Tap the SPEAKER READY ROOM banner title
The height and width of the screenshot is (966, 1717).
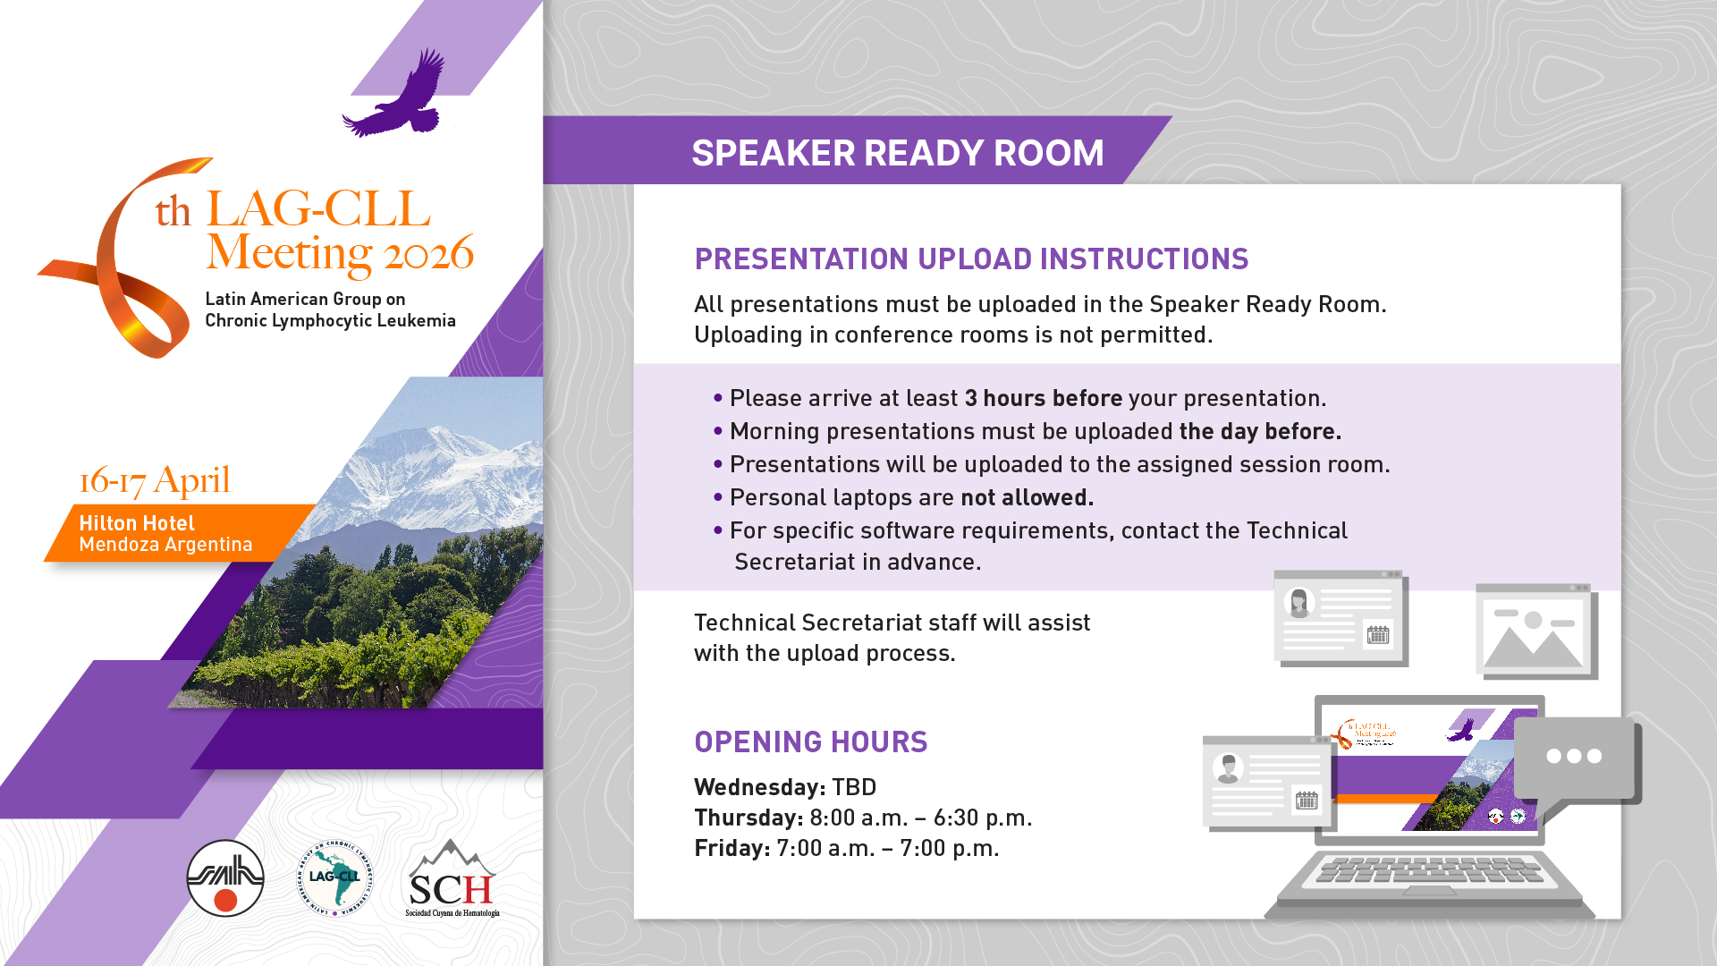point(897,153)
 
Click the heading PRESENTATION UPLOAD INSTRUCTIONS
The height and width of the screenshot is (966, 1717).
point(971,258)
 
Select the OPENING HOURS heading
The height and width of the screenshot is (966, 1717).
point(811,741)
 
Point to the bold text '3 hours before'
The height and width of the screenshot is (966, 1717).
point(1043,398)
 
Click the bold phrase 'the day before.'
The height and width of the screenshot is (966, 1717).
point(1260,431)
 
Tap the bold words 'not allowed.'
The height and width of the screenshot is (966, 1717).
point(1027,497)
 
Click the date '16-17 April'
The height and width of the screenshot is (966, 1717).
point(155,481)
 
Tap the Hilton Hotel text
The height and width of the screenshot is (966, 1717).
point(137,523)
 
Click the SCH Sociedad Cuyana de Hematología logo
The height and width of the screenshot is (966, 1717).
point(452,878)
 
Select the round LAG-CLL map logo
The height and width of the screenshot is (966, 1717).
point(335,878)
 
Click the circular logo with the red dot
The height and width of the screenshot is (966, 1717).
point(225,878)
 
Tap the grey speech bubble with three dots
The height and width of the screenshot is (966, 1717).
point(1577,760)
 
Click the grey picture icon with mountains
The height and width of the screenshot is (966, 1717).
point(1536,631)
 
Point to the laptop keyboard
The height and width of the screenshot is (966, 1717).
point(1429,871)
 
